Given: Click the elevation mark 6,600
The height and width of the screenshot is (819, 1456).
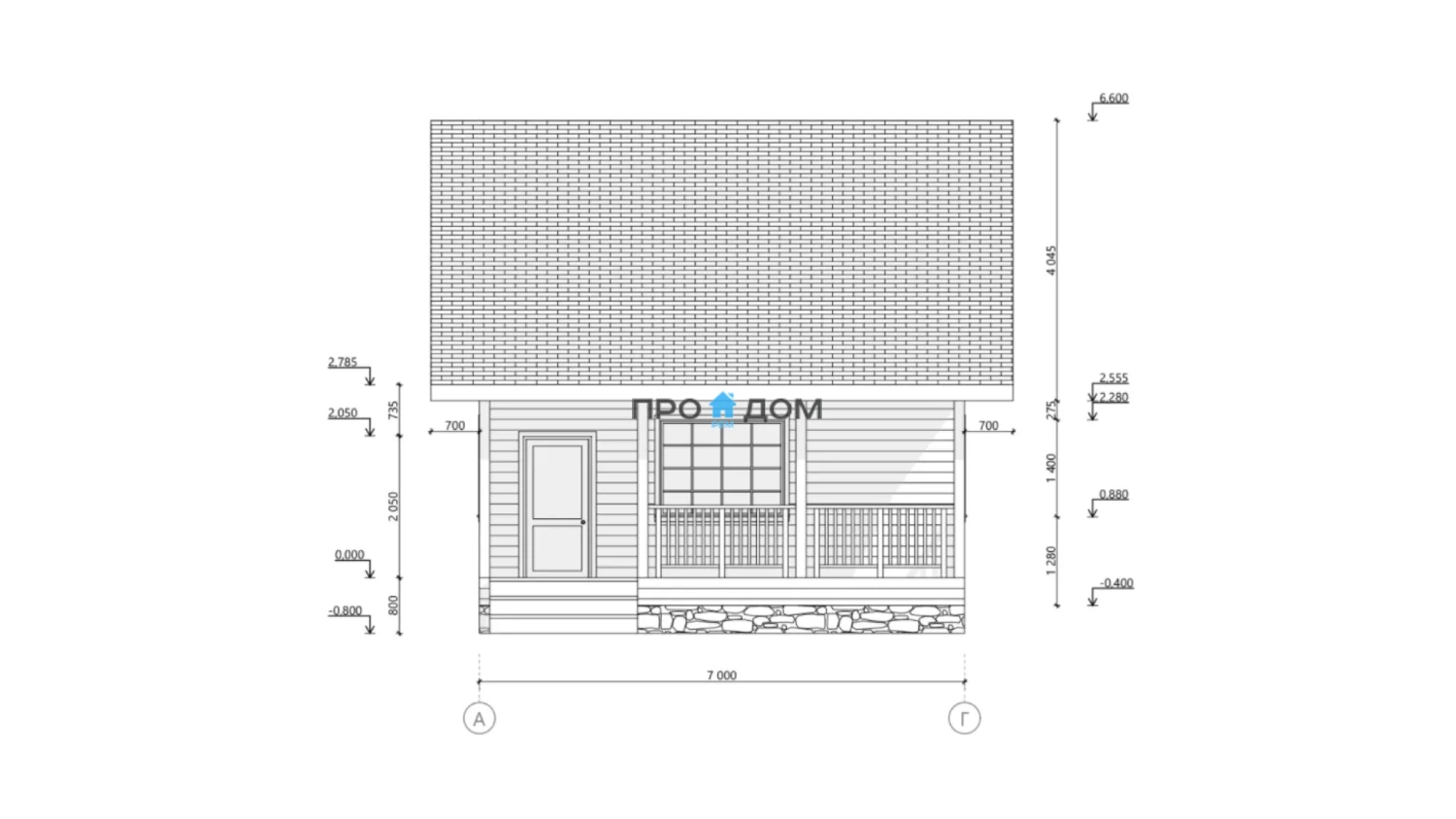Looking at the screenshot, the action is tap(1113, 98).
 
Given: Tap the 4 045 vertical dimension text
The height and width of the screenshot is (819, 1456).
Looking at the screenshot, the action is tap(1051, 261).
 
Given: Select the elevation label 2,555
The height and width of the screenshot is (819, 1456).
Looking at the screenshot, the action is tap(1113, 377).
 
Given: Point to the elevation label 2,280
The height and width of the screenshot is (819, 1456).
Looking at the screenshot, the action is tap(1113, 397).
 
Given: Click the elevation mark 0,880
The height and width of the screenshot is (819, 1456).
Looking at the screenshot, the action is tap(1113, 495).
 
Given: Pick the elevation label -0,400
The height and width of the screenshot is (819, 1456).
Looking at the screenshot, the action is tap(1116, 583).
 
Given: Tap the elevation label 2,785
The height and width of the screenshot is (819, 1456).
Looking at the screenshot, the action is tap(343, 362).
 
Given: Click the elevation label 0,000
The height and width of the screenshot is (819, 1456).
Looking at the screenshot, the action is tap(349, 555).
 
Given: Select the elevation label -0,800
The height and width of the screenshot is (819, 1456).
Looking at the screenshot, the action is tap(346, 611).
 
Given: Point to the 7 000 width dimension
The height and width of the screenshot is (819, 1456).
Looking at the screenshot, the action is tap(721, 675).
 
